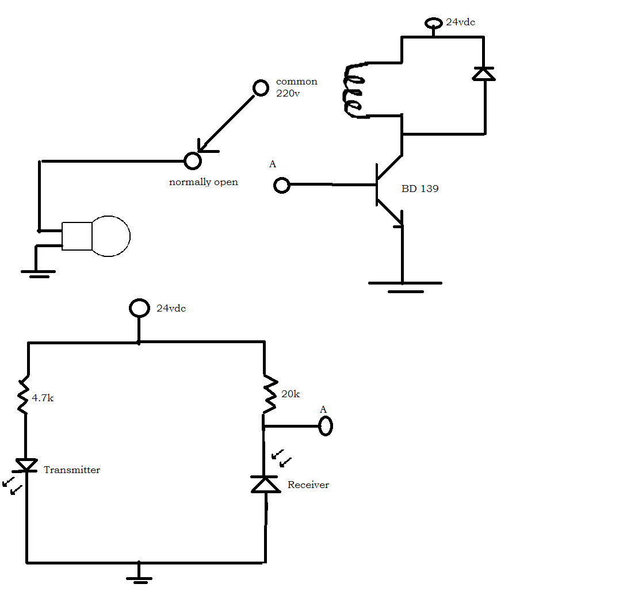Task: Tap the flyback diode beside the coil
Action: pyautogui.click(x=484, y=74)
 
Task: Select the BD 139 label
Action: pyautogui.click(x=420, y=189)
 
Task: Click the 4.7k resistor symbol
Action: pyautogui.click(x=24, y=395)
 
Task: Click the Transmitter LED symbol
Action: pyautogui.click(x=26, y=464)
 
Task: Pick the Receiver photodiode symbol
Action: pyautogui.click(x=265, y=485)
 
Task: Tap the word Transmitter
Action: pyautogui.click(x=72, y=470)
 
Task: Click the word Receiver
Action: pyautogui.click(x=308, y=485)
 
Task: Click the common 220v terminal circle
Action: pyautogui.click(x=261, y=88)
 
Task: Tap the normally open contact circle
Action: pyautogui.click(x=192, y=161)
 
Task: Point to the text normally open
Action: pyautogui.click(x=203, y=182)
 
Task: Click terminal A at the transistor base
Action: pyautogui.click(x=281, y=185)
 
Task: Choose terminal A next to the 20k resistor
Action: pyautogui.click(x=326, y=426)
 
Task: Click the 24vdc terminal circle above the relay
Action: pyautogui.click(x=433, y=24)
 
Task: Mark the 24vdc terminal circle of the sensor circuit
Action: pyautogui.click(x=139, y=308)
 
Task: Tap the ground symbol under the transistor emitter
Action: pyautogui.click(x=405, y=286)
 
